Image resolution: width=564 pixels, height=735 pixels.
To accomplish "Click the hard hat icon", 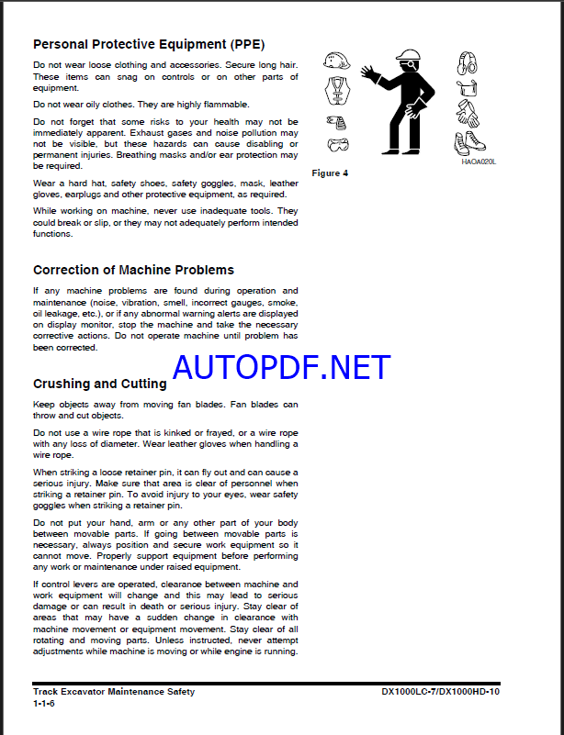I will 337,61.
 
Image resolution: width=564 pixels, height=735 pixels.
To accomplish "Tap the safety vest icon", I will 338,90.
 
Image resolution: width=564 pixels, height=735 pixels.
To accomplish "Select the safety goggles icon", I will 338,145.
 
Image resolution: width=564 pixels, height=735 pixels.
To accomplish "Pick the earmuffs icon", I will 468,63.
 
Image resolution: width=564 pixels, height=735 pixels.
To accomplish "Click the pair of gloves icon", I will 468,114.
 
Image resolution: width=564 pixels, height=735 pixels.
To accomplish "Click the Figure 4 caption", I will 331,173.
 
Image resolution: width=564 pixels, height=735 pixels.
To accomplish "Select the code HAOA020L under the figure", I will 479,161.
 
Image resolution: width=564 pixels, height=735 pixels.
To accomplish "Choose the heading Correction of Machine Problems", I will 133,270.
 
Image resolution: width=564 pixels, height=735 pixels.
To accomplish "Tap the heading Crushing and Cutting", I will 100,384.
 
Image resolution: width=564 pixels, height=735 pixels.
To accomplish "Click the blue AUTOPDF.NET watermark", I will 281,367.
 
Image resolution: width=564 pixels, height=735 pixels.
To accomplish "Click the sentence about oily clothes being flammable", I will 128,105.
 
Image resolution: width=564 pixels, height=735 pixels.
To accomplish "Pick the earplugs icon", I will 336,121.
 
